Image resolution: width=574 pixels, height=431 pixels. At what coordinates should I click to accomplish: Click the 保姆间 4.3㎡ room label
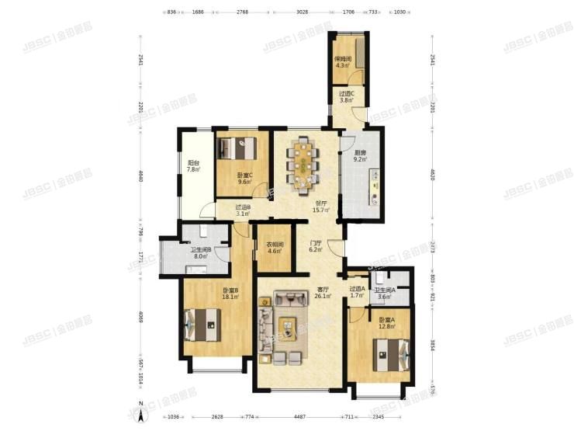[343, 61]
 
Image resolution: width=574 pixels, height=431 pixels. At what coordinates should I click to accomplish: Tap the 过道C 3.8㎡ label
[347, 97]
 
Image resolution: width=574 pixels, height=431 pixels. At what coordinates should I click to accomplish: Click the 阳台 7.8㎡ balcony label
[193, 166]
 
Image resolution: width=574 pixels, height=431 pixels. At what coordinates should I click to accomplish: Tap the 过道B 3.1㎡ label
[243, 210]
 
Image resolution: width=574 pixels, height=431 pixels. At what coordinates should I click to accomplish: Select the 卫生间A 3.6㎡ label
[385, 293]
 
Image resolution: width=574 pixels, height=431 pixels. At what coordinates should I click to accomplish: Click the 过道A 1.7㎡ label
[357, 293]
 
